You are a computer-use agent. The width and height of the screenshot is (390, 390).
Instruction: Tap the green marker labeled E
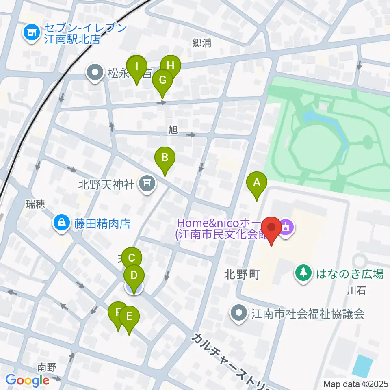coord(129,316)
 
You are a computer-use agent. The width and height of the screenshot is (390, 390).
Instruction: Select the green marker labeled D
coord(134,276)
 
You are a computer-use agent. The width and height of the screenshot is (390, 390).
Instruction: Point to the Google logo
coord(27,380)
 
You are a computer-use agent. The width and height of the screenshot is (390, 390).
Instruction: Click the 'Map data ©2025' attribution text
coord(355,383)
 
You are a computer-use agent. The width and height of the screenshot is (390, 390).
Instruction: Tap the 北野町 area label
coord(241,275)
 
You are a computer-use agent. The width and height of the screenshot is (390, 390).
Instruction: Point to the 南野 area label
coord(46,367)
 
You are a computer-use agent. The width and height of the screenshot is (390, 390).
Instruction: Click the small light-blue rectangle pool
coord(362,366)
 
